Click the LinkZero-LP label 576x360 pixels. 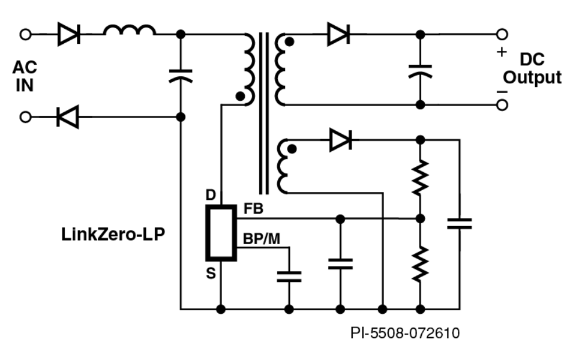(113, 234)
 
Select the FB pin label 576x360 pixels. (253, 209)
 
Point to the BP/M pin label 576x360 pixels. (262, 239)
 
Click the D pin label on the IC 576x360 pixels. (210, 195)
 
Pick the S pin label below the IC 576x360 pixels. (211, 274)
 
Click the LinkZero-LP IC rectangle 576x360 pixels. (221, 233)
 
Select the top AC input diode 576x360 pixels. (68, 35)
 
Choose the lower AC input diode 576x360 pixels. (68, 116)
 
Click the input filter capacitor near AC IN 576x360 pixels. (181, 76)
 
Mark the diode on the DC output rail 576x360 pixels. (338, 34)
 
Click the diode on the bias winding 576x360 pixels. (340, 140)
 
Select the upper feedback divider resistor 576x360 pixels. (420, 176)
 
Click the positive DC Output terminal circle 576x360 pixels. (502, 34)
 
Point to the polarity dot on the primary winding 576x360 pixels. (241, 95)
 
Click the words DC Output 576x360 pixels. (532, 68)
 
